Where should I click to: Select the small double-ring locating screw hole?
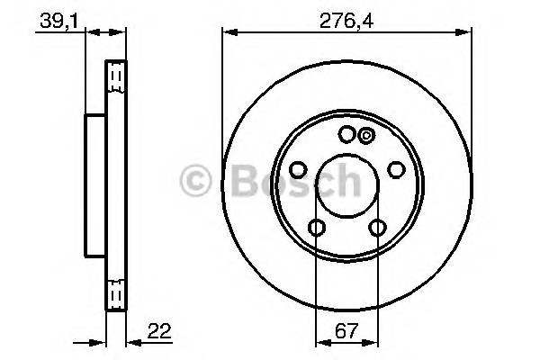pyautogui.click(x=365, y=136)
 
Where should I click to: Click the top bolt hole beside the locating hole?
pyautogui.click(x=346, y=134)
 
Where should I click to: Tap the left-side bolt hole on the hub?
pyautogui.click(x=298, y=170)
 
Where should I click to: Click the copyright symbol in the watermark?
pyautogui.click(x=195, y=182)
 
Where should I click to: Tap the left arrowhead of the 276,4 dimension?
pyautogui.click(x=228, y=33)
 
